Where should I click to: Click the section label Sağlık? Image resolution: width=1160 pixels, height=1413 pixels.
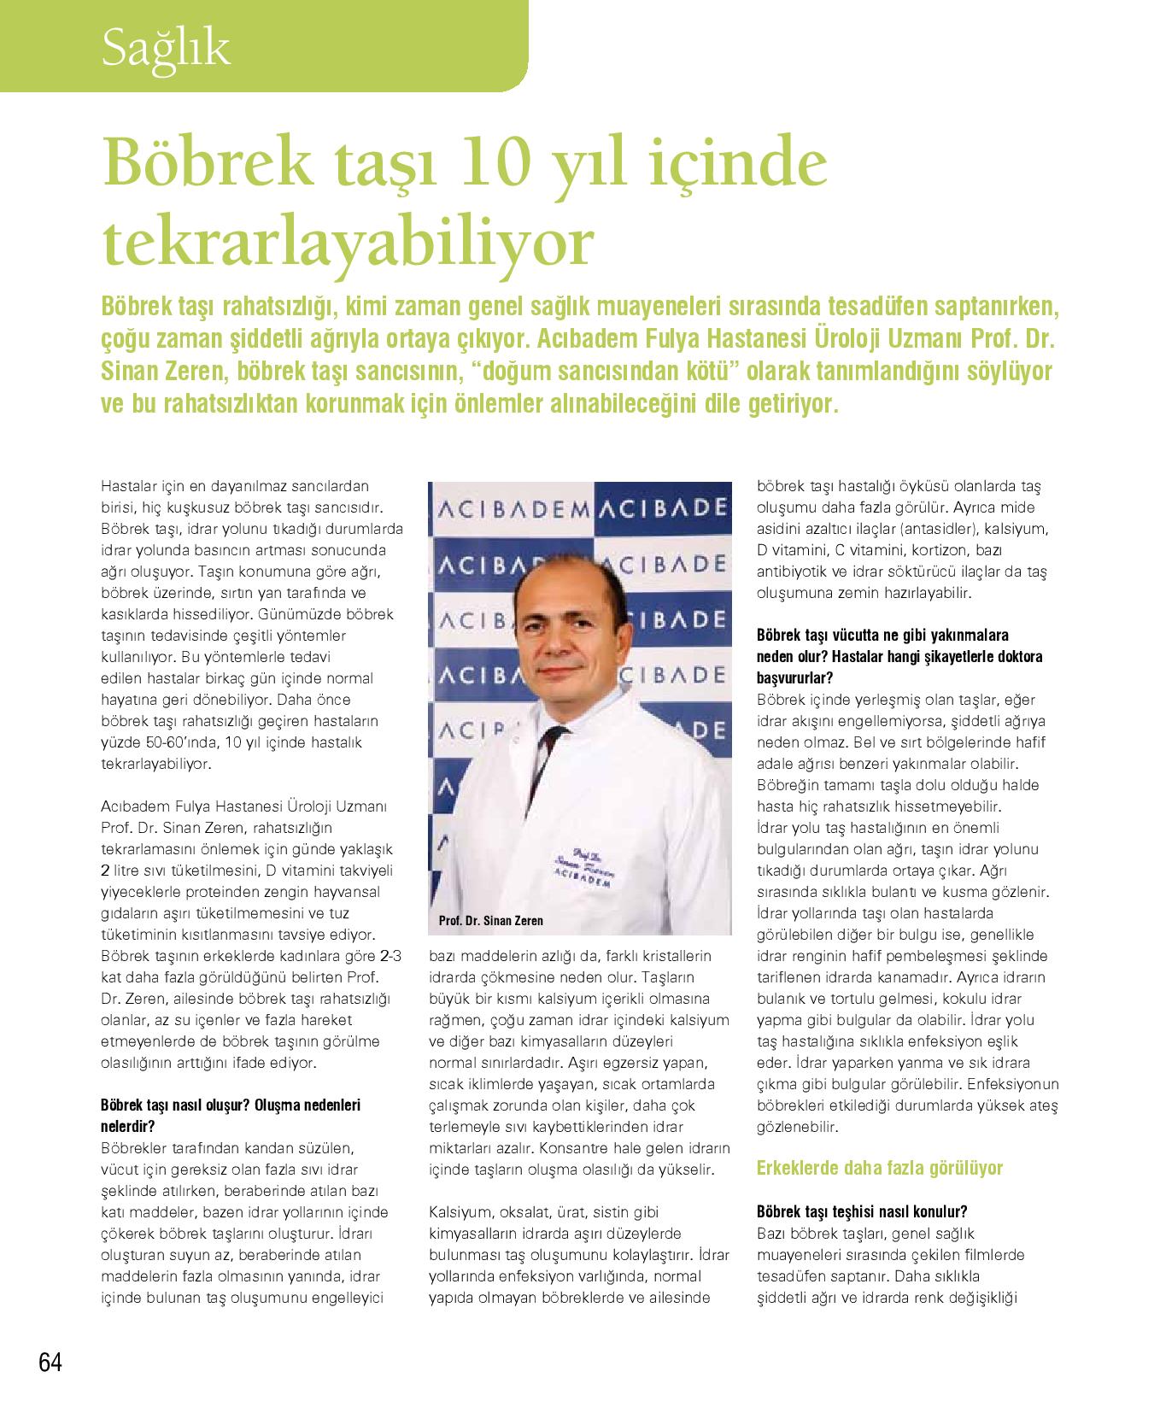[x=166, y=50]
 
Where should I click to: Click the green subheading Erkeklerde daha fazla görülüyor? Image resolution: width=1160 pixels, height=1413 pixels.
[x=880, y=1168]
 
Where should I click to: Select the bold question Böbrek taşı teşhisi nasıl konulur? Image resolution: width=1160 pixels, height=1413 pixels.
[x=862, y=1211]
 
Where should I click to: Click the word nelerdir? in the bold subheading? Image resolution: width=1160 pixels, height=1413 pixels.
[x=128, y=1126]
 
